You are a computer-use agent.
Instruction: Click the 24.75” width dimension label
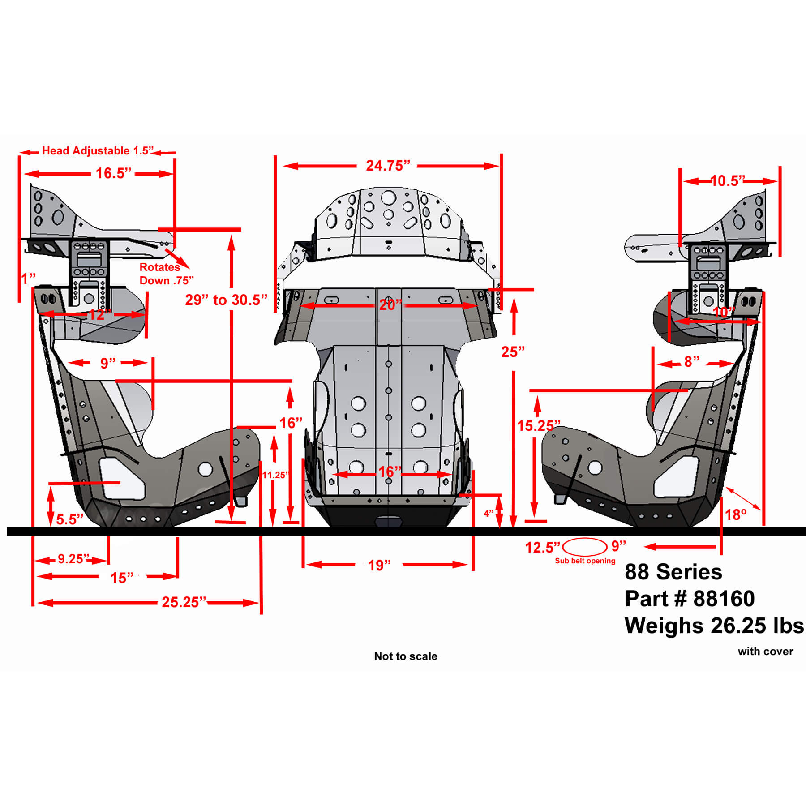pos(388,166)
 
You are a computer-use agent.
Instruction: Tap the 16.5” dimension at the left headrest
pos(114,173)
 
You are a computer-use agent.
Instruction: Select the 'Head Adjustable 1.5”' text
pos(98,151)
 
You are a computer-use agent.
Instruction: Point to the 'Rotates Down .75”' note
pos(167,274)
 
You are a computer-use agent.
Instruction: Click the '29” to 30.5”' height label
pos(226,300)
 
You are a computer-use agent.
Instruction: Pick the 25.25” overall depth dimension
pos(184,602)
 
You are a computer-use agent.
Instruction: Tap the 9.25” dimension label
pos(73,559)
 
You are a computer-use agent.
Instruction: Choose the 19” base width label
pos(379,565)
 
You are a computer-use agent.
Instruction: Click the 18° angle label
pos(736,514)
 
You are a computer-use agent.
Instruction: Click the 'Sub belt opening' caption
pos(585,561)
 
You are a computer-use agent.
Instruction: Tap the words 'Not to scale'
pos(406,656)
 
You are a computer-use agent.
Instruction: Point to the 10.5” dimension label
pos(728,180)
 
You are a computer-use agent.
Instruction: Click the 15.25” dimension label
pos(539,425)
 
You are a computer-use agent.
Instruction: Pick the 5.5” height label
pos(69,519)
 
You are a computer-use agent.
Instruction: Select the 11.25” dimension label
pos(275,475)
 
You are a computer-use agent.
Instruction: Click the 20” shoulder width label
pos(390,305)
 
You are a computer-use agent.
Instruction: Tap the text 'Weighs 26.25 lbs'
pos(714,626)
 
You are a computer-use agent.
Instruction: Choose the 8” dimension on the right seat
pos(692,362)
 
